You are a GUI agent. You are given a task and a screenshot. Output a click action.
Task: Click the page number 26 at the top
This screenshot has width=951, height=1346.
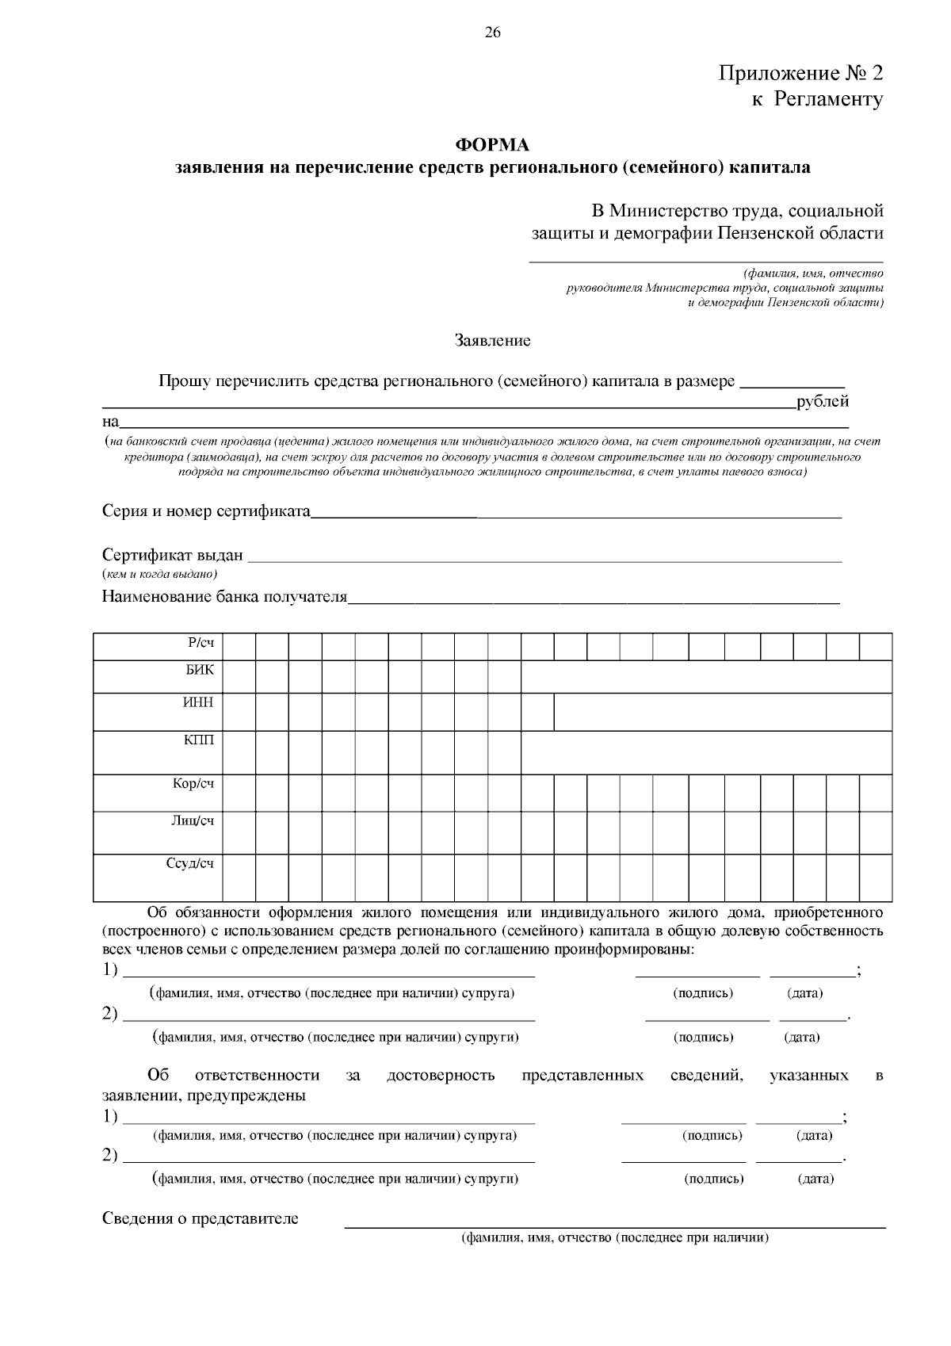[x=492, y=33]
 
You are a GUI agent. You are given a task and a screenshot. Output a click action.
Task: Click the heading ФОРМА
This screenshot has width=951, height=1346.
[x=491, y=145]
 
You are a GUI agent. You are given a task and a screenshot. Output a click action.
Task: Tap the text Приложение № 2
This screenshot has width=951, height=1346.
[x=800, y=74]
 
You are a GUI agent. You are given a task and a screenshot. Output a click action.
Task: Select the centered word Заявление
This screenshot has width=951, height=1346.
[x=492, y=341]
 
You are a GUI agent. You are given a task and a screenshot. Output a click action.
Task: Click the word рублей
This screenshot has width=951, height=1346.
[x=823, y=401]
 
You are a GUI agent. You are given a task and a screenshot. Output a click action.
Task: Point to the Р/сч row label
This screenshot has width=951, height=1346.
[x=201, y=643]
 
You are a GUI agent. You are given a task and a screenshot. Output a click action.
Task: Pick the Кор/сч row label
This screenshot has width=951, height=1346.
[x=193, y=784]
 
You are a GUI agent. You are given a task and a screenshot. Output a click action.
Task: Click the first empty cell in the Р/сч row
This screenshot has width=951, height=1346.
[x=239, y=647]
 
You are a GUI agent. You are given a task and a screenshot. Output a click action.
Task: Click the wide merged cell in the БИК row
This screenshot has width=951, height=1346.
[x=705, y=677]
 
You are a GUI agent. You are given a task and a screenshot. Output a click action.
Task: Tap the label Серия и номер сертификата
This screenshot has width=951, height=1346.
[x=206, y=510]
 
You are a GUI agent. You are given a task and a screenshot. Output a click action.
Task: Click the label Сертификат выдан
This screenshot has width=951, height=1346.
[x=173, y=555]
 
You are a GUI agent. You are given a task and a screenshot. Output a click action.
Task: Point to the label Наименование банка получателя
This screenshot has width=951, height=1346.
[x=225, y=596]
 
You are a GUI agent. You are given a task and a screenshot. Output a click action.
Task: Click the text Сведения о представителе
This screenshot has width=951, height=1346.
[x=201, y=1218]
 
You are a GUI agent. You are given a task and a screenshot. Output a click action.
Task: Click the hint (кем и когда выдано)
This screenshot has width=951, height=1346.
[x=160, y=573]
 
